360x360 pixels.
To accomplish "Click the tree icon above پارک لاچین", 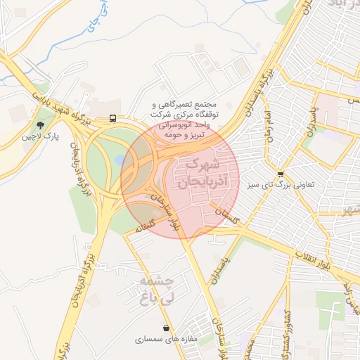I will click(41, 124).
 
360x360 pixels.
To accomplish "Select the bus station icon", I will click(112, 119).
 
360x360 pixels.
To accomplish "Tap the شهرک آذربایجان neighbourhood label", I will click(196, 174).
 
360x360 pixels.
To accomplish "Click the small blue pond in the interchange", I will click(120, 160).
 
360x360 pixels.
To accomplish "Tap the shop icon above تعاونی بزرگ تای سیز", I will click(281, 174).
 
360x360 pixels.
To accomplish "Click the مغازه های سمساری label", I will click(167, 339).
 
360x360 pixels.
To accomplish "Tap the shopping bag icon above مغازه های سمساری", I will click(166, 328).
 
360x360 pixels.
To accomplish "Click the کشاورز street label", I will click(287, 331).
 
